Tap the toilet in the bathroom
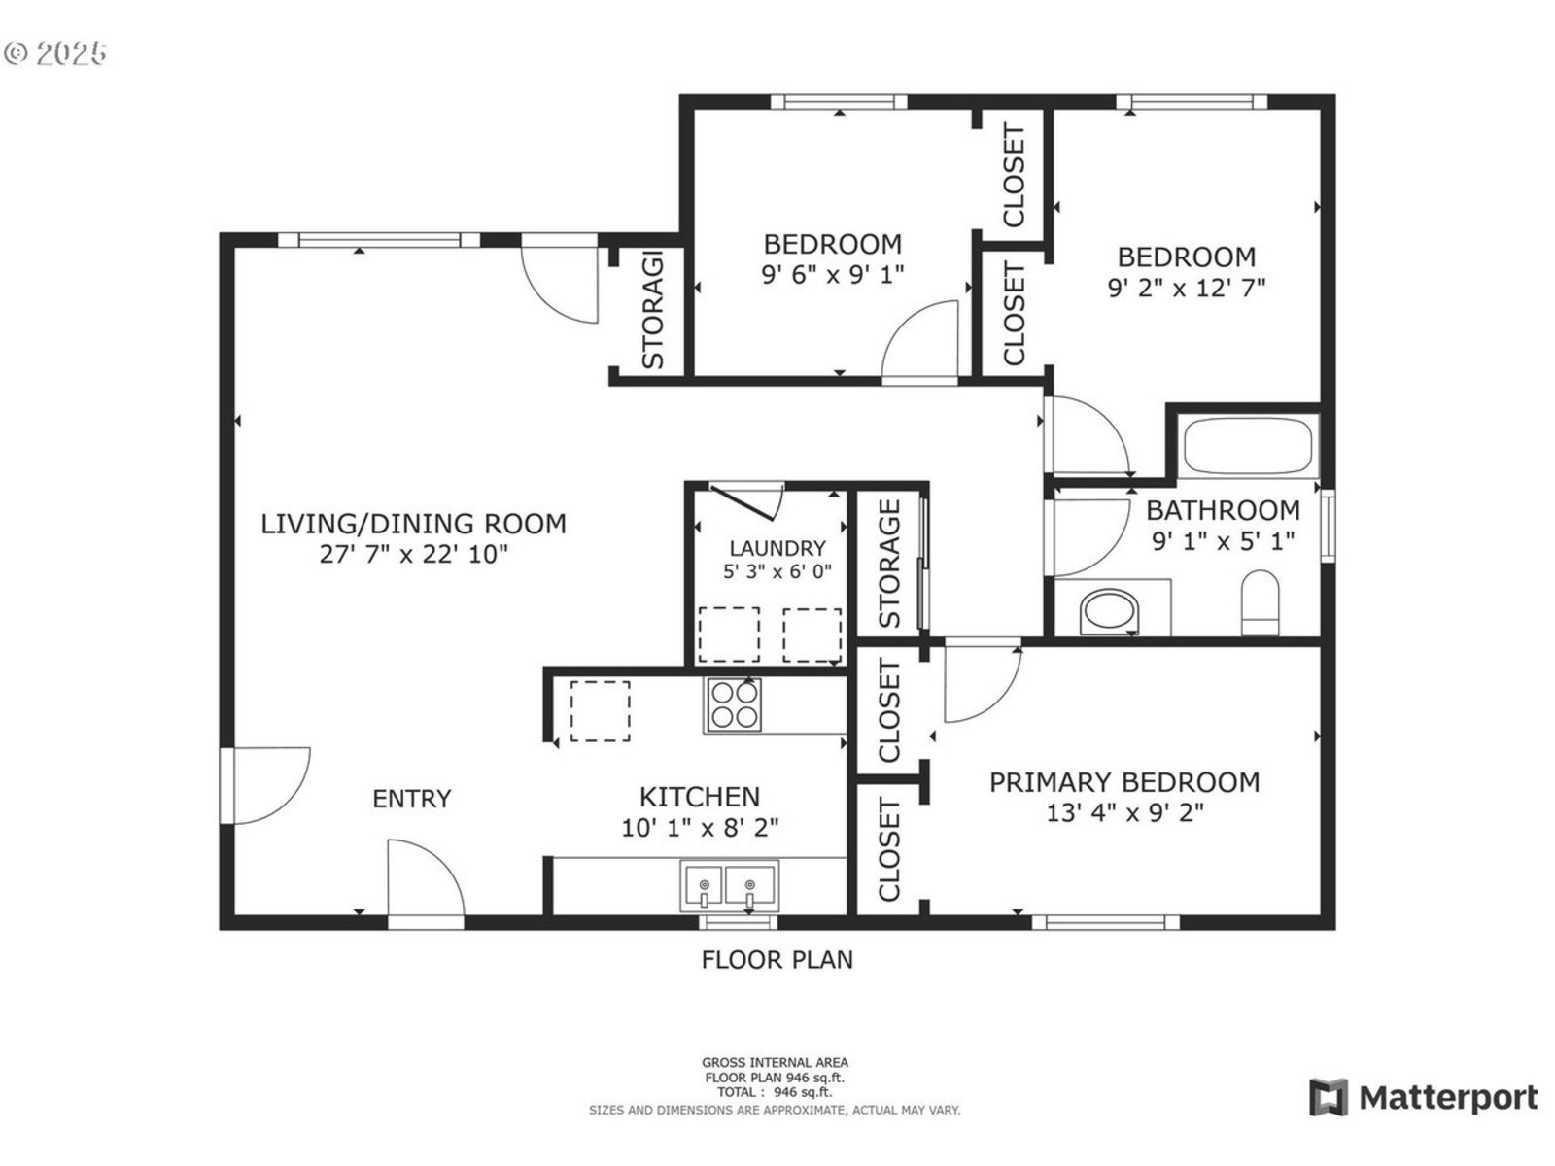tap(1261, 603)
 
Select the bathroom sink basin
tap(1109, 611)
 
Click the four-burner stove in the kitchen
tap(734, 704)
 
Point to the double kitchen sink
tap(729, 885)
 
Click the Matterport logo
tap(1424, 1097)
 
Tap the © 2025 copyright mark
tap(54, 53)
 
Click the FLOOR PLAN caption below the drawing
tap(777, 960)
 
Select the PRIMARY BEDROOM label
tap(1125, 782)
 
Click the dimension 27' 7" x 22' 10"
tap(414, 554)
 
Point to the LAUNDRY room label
tap(777, 548)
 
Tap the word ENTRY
tap(412, 799)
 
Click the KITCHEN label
tap(700, 797)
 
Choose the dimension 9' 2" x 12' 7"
tap(1187, 288)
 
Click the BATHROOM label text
tap(1224, 510)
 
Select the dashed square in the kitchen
tap(600, 711)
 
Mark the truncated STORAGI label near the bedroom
tap(652, 309)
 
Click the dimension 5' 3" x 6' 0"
tap(777, 571)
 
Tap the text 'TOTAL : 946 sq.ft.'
tap(775, 1092)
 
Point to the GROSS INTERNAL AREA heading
tap(775, 1062)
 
